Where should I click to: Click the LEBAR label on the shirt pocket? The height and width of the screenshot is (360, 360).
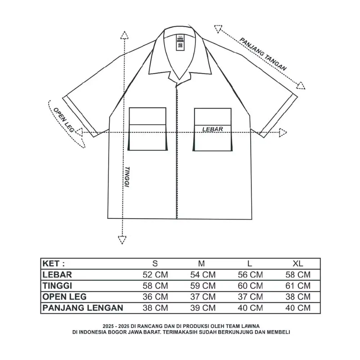[212, 129]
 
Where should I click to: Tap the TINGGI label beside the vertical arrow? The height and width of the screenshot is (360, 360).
[127, 177]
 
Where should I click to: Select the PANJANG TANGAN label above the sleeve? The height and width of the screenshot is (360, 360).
[263, 54]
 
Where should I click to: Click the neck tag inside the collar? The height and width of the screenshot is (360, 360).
[180, 42]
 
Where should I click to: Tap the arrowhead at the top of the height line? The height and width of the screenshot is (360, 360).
[124, 35]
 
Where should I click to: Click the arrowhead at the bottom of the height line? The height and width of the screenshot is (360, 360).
[122, 240]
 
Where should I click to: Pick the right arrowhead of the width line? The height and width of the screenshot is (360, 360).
[283, 132]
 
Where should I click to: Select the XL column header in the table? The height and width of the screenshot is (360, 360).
[298, 263]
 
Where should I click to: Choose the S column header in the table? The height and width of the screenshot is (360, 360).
[155, 263]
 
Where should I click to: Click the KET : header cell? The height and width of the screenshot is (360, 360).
[54, 263]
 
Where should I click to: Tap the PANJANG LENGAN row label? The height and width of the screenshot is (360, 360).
[83, 308]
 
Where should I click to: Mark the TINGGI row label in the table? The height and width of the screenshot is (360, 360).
[58, 286]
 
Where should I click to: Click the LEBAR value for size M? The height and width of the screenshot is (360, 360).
[203, 275]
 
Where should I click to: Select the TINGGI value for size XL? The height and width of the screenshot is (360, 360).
[298, 286]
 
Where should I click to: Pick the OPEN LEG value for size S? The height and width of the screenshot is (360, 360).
[155, 297]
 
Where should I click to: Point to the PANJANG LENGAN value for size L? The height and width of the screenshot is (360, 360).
[250, 308]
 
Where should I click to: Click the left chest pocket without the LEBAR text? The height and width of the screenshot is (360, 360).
[148, 129]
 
